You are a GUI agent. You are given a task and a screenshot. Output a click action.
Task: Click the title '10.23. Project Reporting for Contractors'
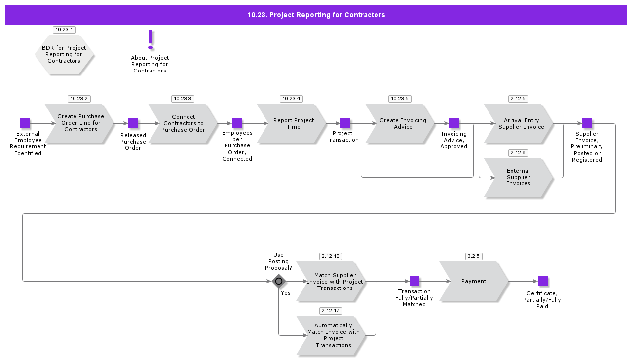(316, 15)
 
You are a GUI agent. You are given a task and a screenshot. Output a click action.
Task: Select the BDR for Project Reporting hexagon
(64, 54)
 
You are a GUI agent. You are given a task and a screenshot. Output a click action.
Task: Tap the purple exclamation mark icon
(151, 39)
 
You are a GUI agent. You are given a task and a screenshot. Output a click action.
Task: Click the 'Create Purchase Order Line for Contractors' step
(80, 123)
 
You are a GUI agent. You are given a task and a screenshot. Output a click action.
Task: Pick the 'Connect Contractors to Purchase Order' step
(183, 123)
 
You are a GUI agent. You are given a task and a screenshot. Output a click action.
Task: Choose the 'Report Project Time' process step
(292, 123)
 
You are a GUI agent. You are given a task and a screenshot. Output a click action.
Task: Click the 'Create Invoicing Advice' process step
(401, 123)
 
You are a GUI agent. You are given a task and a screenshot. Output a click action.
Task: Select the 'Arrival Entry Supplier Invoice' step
(519, 123)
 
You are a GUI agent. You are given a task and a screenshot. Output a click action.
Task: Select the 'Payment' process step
(474, 281)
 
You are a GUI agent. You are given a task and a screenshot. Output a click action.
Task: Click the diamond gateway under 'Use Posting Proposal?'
(279, 281)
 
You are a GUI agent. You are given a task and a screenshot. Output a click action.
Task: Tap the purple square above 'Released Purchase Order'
(133, 123)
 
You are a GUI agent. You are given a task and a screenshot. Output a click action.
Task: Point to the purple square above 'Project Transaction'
(345, 123)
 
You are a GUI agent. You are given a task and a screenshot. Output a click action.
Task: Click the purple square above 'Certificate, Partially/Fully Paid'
(543, 281)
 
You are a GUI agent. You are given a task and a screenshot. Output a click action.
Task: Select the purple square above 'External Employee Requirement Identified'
(25, 123)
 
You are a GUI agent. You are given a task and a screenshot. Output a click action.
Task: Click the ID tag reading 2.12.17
(331, 311)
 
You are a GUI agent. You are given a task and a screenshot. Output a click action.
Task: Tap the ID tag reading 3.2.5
(474, 256)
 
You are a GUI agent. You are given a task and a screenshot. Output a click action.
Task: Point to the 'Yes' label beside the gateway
(286, 293)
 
